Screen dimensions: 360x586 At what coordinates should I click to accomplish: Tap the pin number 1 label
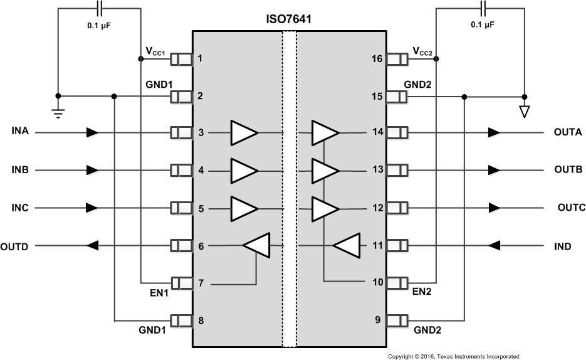(200, 59)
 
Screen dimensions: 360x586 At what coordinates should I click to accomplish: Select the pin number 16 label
(376, 59)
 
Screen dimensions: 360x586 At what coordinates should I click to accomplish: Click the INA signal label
(21, 132)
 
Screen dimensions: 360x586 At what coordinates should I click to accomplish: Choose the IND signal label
(562, 246)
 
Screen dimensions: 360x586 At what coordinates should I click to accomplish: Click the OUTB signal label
(568, 170)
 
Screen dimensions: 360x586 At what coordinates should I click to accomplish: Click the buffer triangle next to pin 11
(347, 246)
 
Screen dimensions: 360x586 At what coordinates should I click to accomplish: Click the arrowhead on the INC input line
(92, 208)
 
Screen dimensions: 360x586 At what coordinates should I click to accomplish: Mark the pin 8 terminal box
(181, 320)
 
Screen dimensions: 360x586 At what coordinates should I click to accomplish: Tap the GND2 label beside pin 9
(427, 329)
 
